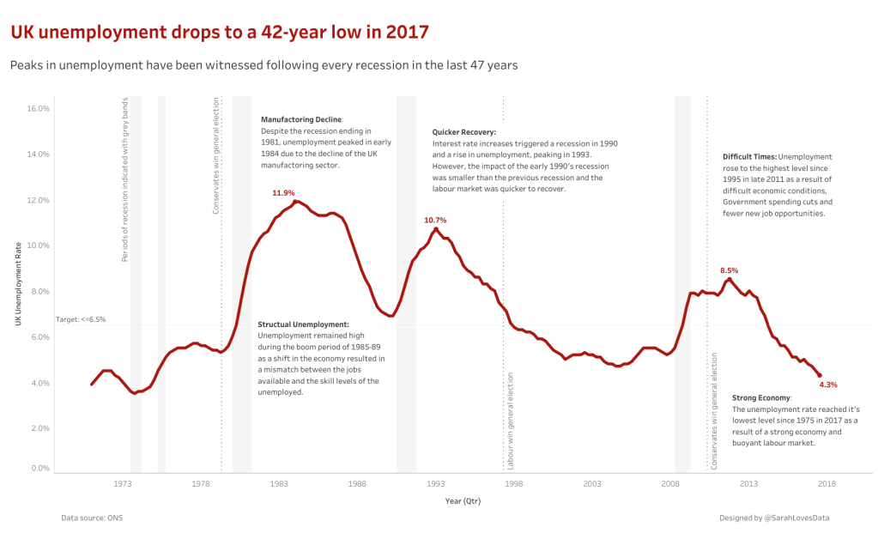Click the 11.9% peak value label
(283, 193)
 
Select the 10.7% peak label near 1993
(435, 221)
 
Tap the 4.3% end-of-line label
(828, 385)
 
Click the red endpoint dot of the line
(820, 375)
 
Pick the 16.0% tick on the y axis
(38, 109)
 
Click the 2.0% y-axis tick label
(39, 428)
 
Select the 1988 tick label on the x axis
(357, 484)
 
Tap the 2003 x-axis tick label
(592, 484)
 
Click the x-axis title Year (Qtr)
(463, 500)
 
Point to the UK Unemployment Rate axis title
(18, 283)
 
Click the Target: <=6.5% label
(81, 319)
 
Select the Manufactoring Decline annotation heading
(301, 119)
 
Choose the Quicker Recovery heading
(464, 132)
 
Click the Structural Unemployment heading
(304, 324)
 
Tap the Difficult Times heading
(750, 157)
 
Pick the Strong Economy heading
(760, 398)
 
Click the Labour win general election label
(511, 421)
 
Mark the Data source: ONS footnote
(86, 518)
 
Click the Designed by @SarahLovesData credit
(774, 518)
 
